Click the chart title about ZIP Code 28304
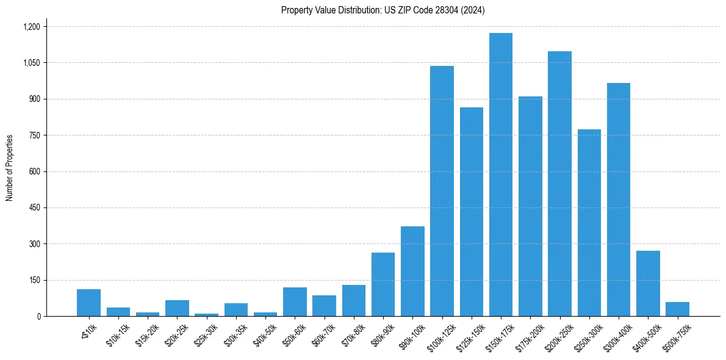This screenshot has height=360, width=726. click(383, 10)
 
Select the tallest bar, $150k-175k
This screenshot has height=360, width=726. click(501, 175)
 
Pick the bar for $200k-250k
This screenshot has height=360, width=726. click(559, 184)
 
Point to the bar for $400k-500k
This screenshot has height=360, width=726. click(648, 284)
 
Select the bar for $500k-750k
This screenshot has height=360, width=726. click(677, 309)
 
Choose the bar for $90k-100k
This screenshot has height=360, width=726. click(412, 272)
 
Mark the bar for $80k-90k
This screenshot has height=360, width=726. click(383, 284)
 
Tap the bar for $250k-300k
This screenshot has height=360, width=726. click(589, 223)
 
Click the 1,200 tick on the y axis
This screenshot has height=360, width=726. click(31, 27)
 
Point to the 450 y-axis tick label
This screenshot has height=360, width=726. click(34, 208)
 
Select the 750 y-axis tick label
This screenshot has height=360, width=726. click(34, 135)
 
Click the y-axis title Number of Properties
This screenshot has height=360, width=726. click(10, 168)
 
